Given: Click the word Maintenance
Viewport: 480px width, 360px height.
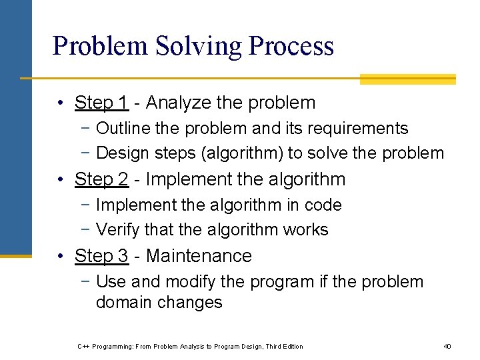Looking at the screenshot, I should coord(199,256).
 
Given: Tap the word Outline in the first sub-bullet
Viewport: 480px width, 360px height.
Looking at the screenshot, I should coord(118,128).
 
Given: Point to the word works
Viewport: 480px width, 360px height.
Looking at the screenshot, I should coord(306,230).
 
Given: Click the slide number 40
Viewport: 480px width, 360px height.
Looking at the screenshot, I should coord(447,346).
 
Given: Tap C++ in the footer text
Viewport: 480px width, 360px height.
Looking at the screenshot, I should coord(83,347).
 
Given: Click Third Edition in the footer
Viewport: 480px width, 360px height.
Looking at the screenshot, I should coord(285,347).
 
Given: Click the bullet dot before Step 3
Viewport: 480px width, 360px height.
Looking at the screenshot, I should coord(61,257).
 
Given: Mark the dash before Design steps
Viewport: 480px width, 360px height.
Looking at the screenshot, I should coord(87,153).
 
